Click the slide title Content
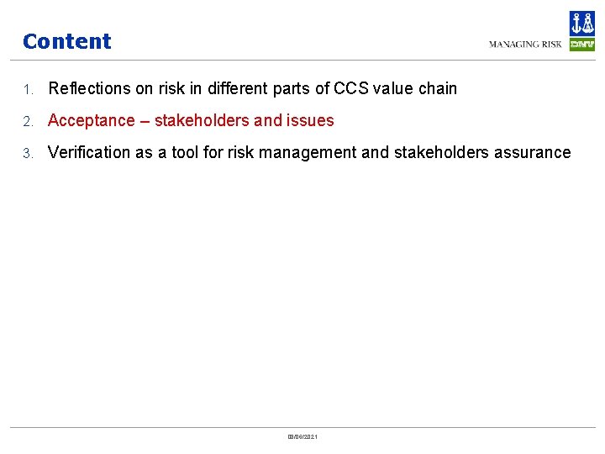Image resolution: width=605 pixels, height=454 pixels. pos(66,41)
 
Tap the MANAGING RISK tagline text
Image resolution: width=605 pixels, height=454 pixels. pos(525,45)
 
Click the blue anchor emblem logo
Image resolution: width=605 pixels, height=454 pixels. pos(581,24)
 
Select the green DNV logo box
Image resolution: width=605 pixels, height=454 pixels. pos(581,45)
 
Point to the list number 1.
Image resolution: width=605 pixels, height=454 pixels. pos(27,89)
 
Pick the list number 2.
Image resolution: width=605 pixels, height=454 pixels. pos(27,121)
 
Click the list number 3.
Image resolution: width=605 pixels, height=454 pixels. pos(27,153)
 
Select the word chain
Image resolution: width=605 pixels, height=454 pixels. pos(437,88)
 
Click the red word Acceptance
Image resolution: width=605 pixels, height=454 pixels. pos(91,120)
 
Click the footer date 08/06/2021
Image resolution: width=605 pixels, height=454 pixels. pos(302,436)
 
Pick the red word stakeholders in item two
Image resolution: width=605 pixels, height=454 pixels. pos(202,120)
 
